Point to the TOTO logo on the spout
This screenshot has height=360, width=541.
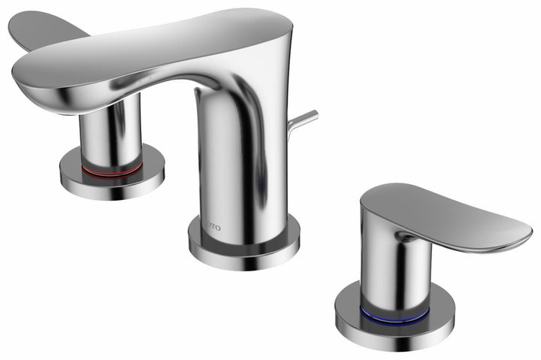(212, 224)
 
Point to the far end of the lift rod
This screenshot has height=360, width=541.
(315, 114)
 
